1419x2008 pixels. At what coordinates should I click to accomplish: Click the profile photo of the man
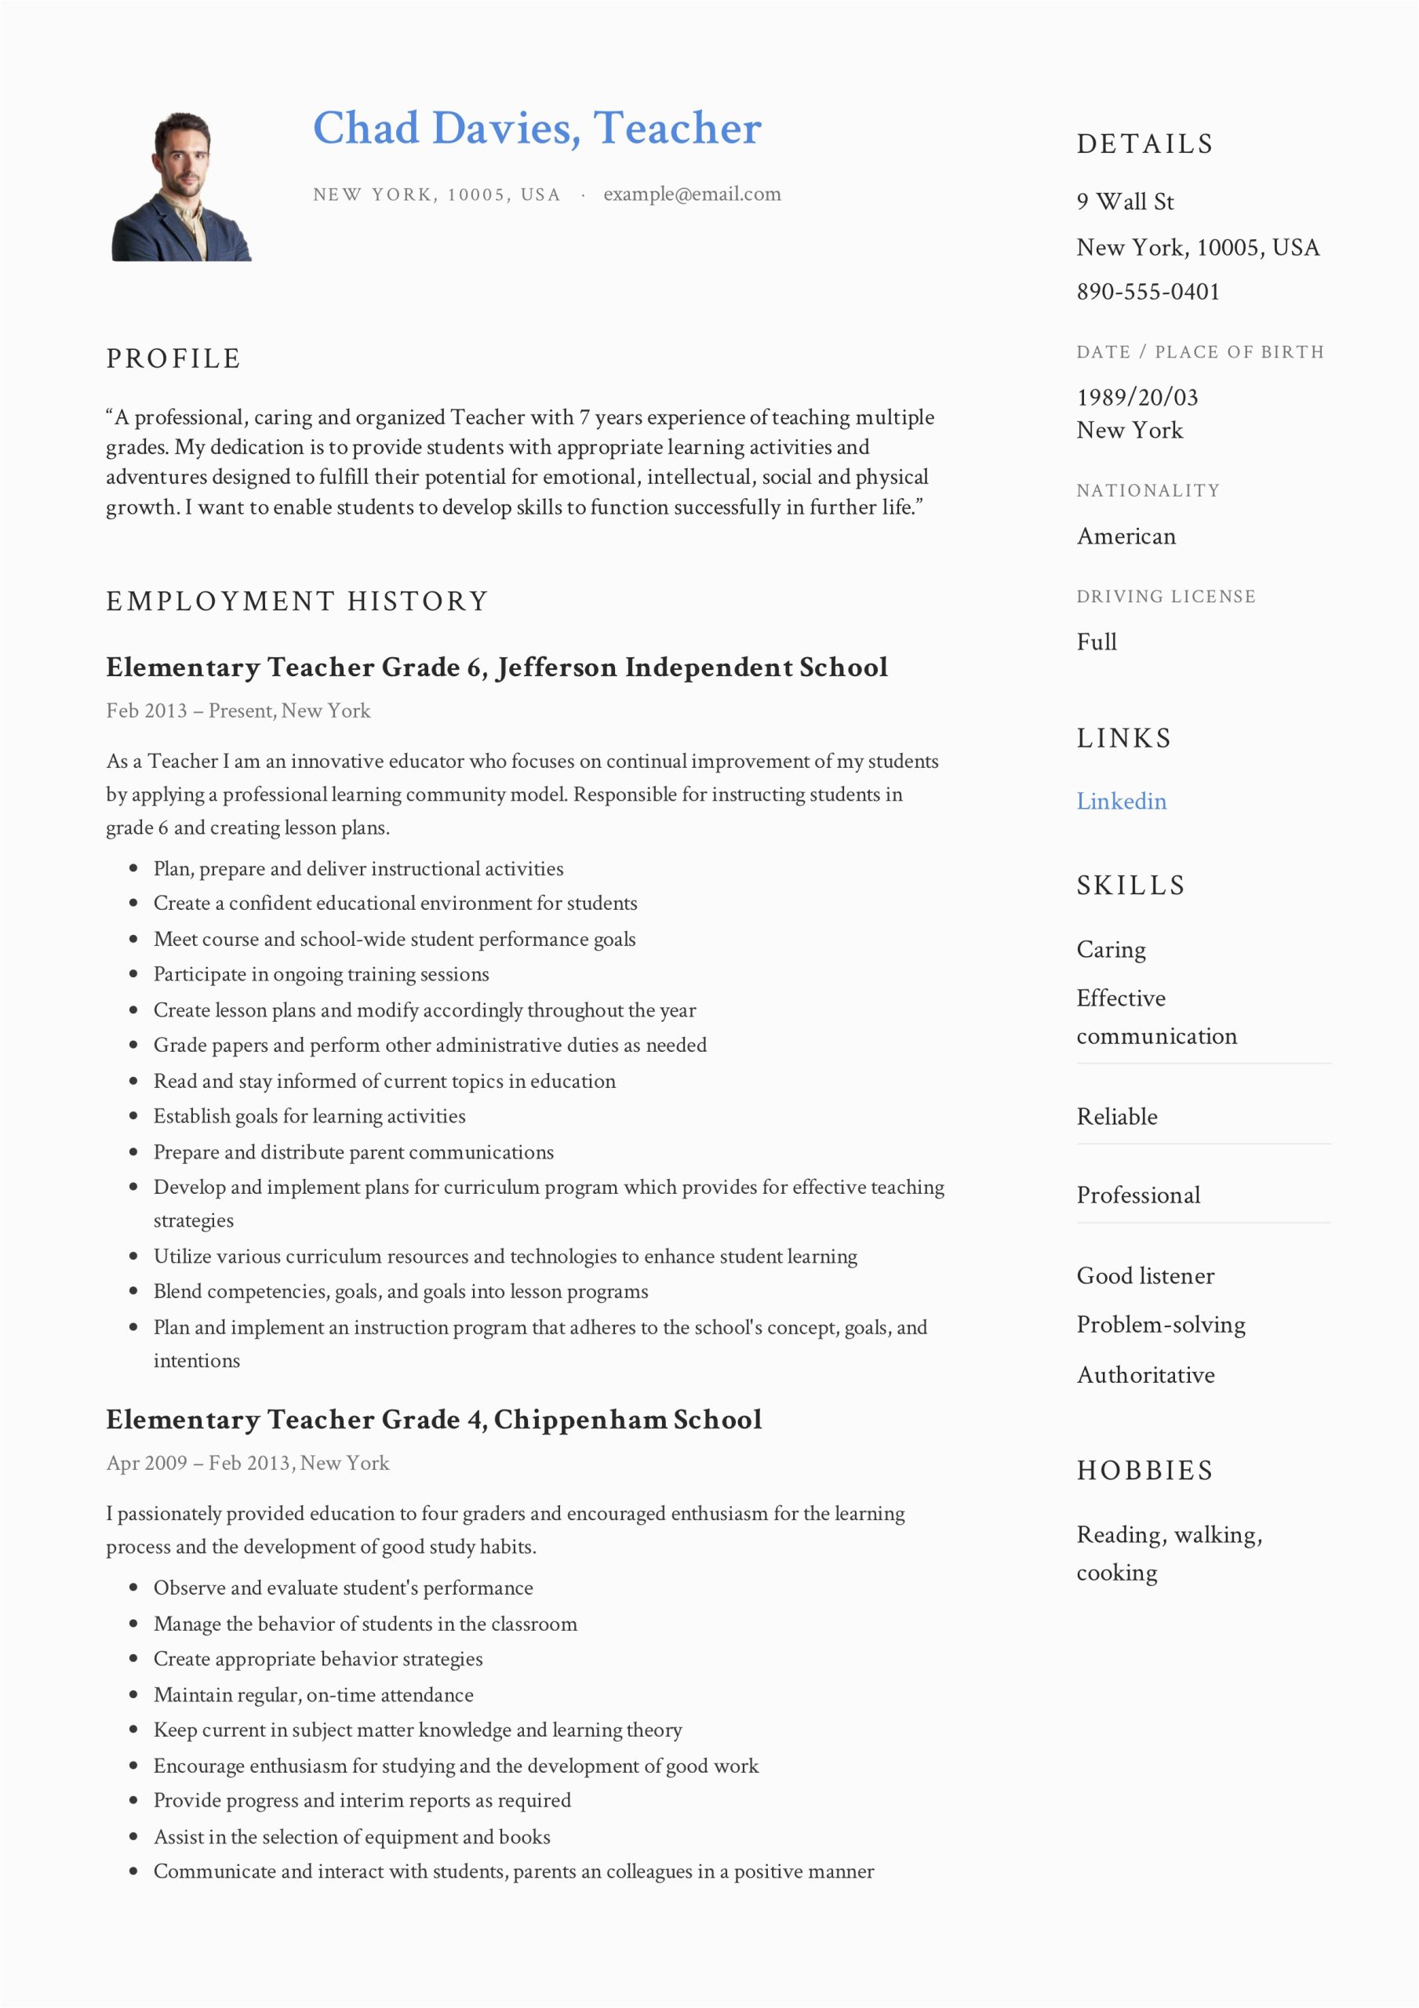181,186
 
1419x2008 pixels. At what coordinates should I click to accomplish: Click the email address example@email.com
691,195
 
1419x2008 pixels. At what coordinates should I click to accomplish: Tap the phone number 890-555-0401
1148,292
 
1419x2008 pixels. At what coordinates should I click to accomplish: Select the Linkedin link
1121,801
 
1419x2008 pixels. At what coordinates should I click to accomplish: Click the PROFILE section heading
173,358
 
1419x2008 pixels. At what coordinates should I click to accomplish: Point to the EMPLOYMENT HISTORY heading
297,602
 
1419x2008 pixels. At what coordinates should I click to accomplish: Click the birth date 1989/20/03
1137,398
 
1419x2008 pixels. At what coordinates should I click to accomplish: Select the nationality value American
1126,536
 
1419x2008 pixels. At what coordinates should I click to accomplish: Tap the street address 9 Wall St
1124,202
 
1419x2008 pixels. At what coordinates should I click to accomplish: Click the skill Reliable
1116,1117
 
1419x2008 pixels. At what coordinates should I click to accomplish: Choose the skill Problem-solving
1160,1325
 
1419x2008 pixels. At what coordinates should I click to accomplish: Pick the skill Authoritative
1145,1376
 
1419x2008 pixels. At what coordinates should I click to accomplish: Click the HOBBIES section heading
1144,1471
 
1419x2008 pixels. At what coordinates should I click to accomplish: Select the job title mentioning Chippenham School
433,1420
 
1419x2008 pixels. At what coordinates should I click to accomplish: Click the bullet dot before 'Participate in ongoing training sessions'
134,974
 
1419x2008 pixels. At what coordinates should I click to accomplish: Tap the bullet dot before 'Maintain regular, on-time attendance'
134,1695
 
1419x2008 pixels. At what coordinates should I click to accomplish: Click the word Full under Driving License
1096,642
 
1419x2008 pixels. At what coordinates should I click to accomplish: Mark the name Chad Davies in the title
446,129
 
